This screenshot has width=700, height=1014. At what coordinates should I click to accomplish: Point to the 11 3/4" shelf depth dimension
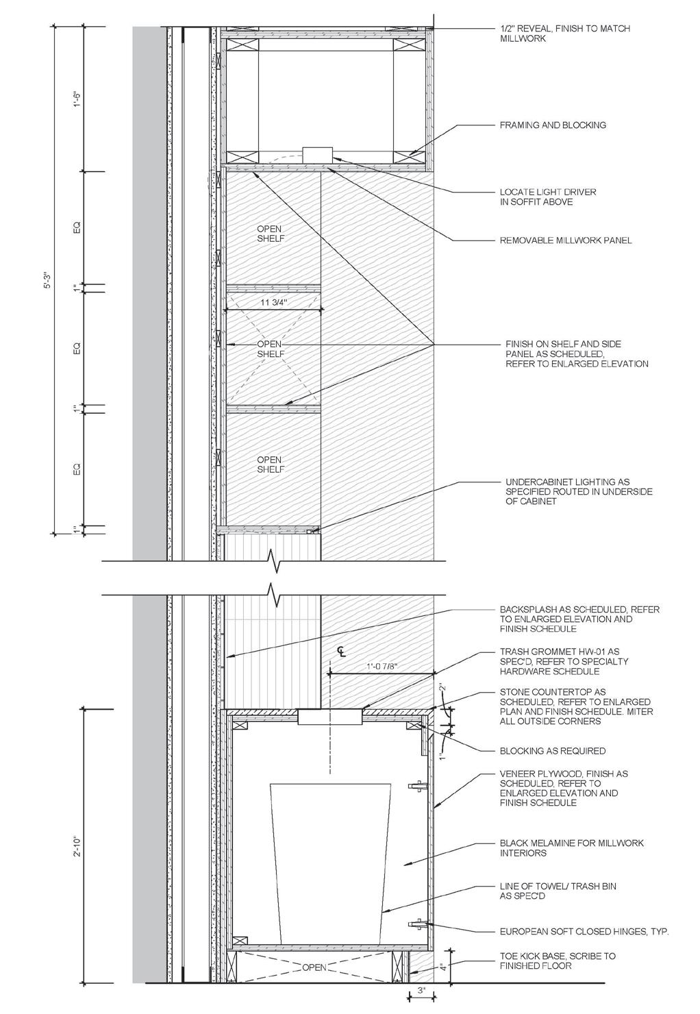(x=273, y=302)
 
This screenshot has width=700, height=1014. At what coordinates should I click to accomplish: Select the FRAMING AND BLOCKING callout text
(x=553, y=125)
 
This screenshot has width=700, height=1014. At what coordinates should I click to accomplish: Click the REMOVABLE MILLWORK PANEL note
(x=566, y=240)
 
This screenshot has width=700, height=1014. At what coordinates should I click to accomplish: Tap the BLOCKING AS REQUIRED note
(x=553, y=751)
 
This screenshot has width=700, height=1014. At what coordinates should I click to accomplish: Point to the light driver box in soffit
(x=317, y=155)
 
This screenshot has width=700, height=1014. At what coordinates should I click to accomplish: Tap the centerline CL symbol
(x=342, y=650)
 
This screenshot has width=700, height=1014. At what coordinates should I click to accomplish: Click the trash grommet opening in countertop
(x=330, y=717)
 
